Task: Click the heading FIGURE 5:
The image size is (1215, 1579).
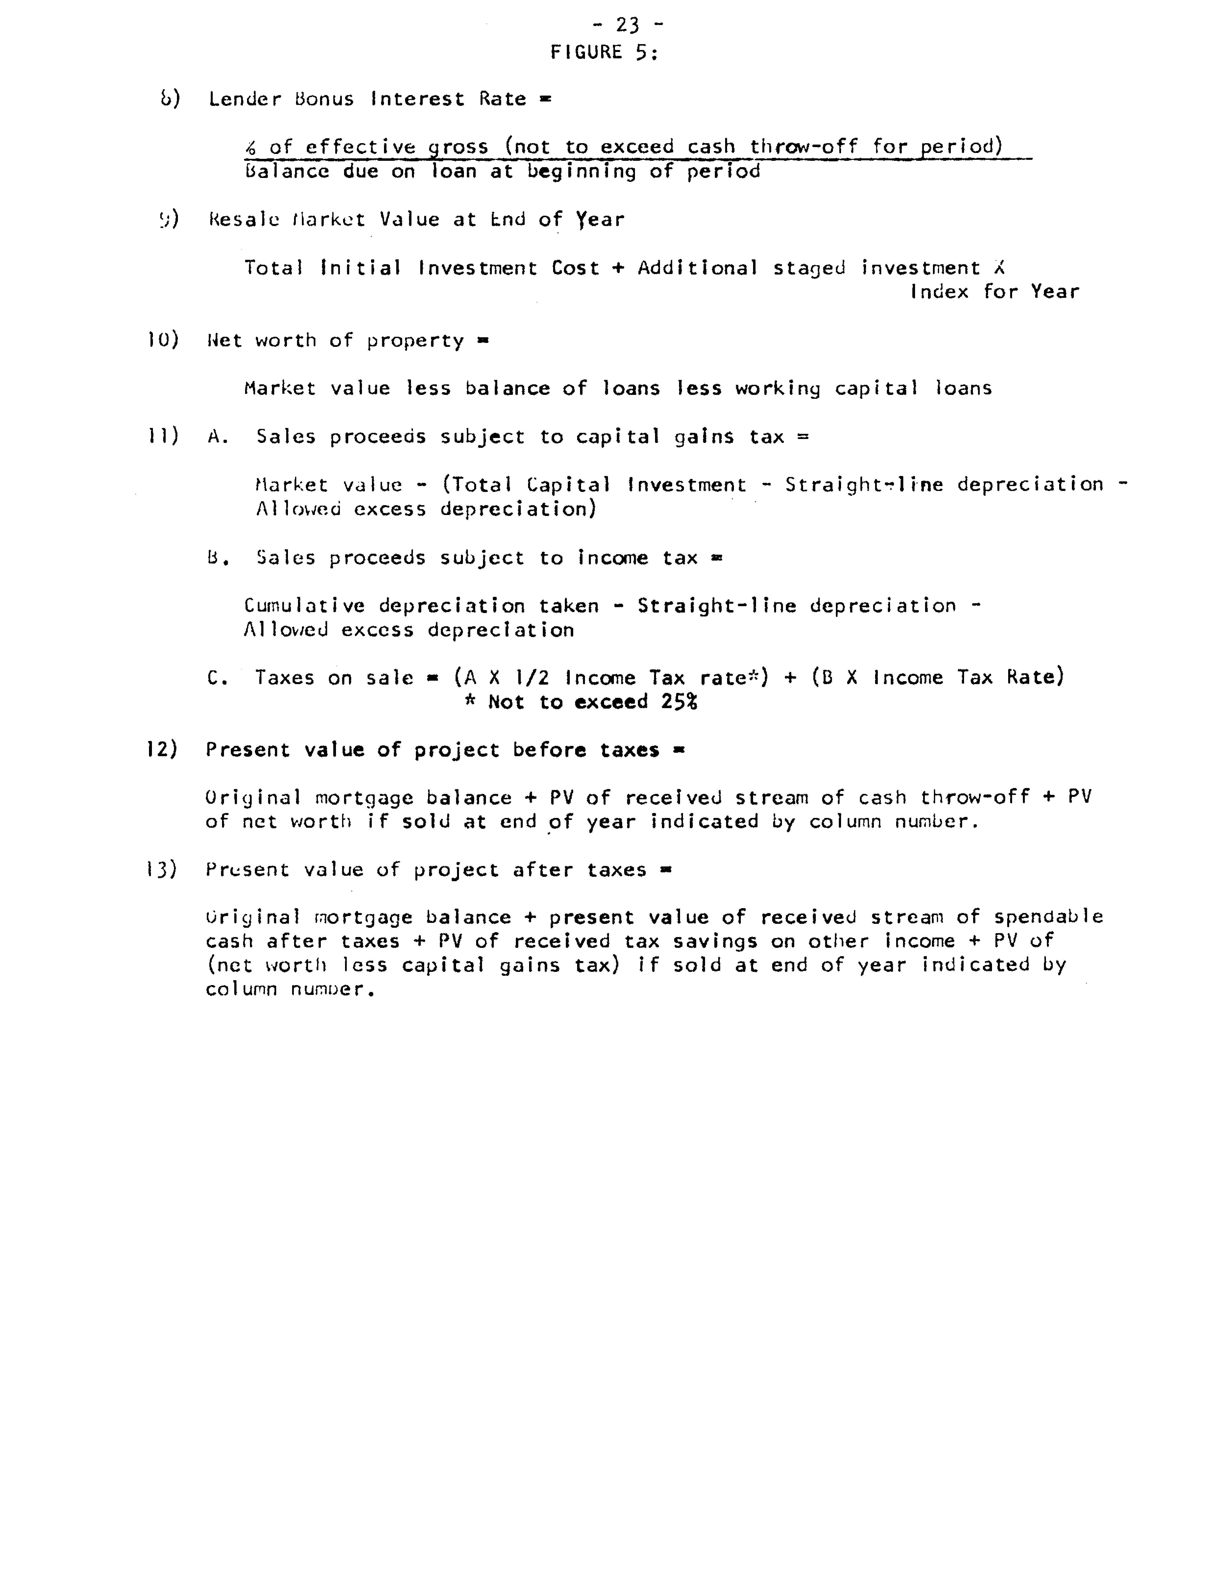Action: click(604, 52)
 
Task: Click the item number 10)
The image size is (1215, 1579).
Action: click(163, 340)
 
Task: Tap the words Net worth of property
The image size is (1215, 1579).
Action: click(335, 340)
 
